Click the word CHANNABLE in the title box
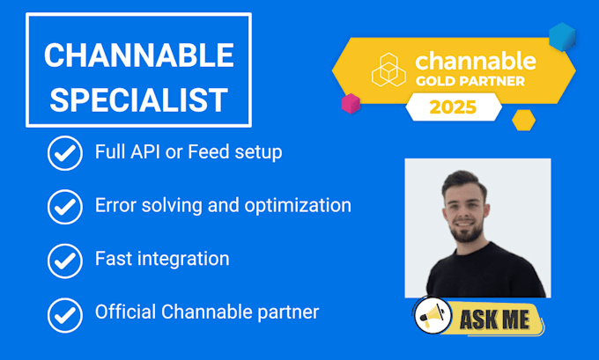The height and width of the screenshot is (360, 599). click(138, 55)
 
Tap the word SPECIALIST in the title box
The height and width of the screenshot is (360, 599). click(138, 99)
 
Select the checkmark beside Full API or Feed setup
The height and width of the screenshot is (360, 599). click(63, 153)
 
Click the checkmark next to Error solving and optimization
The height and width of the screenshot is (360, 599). click(63, 207)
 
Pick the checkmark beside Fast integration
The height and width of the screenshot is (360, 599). click(63, 260)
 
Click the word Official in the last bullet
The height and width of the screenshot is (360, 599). click(123, 312)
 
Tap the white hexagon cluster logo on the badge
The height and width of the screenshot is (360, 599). click(388, 70)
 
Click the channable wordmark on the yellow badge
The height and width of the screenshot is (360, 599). click(475, 61)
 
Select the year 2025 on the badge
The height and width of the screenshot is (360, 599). click(453, 107)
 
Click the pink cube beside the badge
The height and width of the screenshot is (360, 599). click(351, 103)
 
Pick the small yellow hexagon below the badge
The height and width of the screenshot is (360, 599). click(523, 120)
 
